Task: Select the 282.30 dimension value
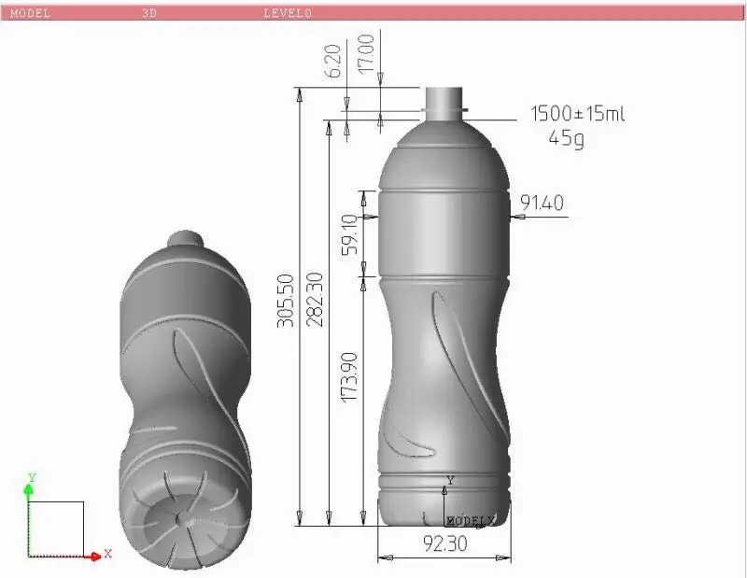pyautogui.click(x=315, y=299)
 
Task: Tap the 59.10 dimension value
pyautogui.click(x=349, y=234)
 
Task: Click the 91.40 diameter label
pyautogui.click(x=543, y=203)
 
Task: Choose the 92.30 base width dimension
pyautogui.click(x=444, y=543)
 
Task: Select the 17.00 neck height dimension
pyautogui.click(x=366, y=53)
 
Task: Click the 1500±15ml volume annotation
pyautogui.click(x=577, y=114)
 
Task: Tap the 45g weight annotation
pyautogui.click(x=567, y=139)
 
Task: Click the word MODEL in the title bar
pyautogui.click(x=30, y=13)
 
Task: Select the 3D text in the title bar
pyautogui.click(x=149, y=13)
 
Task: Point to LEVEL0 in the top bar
pyautogui.click(x=288, y=13)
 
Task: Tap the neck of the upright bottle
pyautogui.click(x=444, y=100)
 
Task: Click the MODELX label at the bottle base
pyautogui.click(x=471, y=519)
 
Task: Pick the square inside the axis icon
pyautogui.click(x=57, y=529)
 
